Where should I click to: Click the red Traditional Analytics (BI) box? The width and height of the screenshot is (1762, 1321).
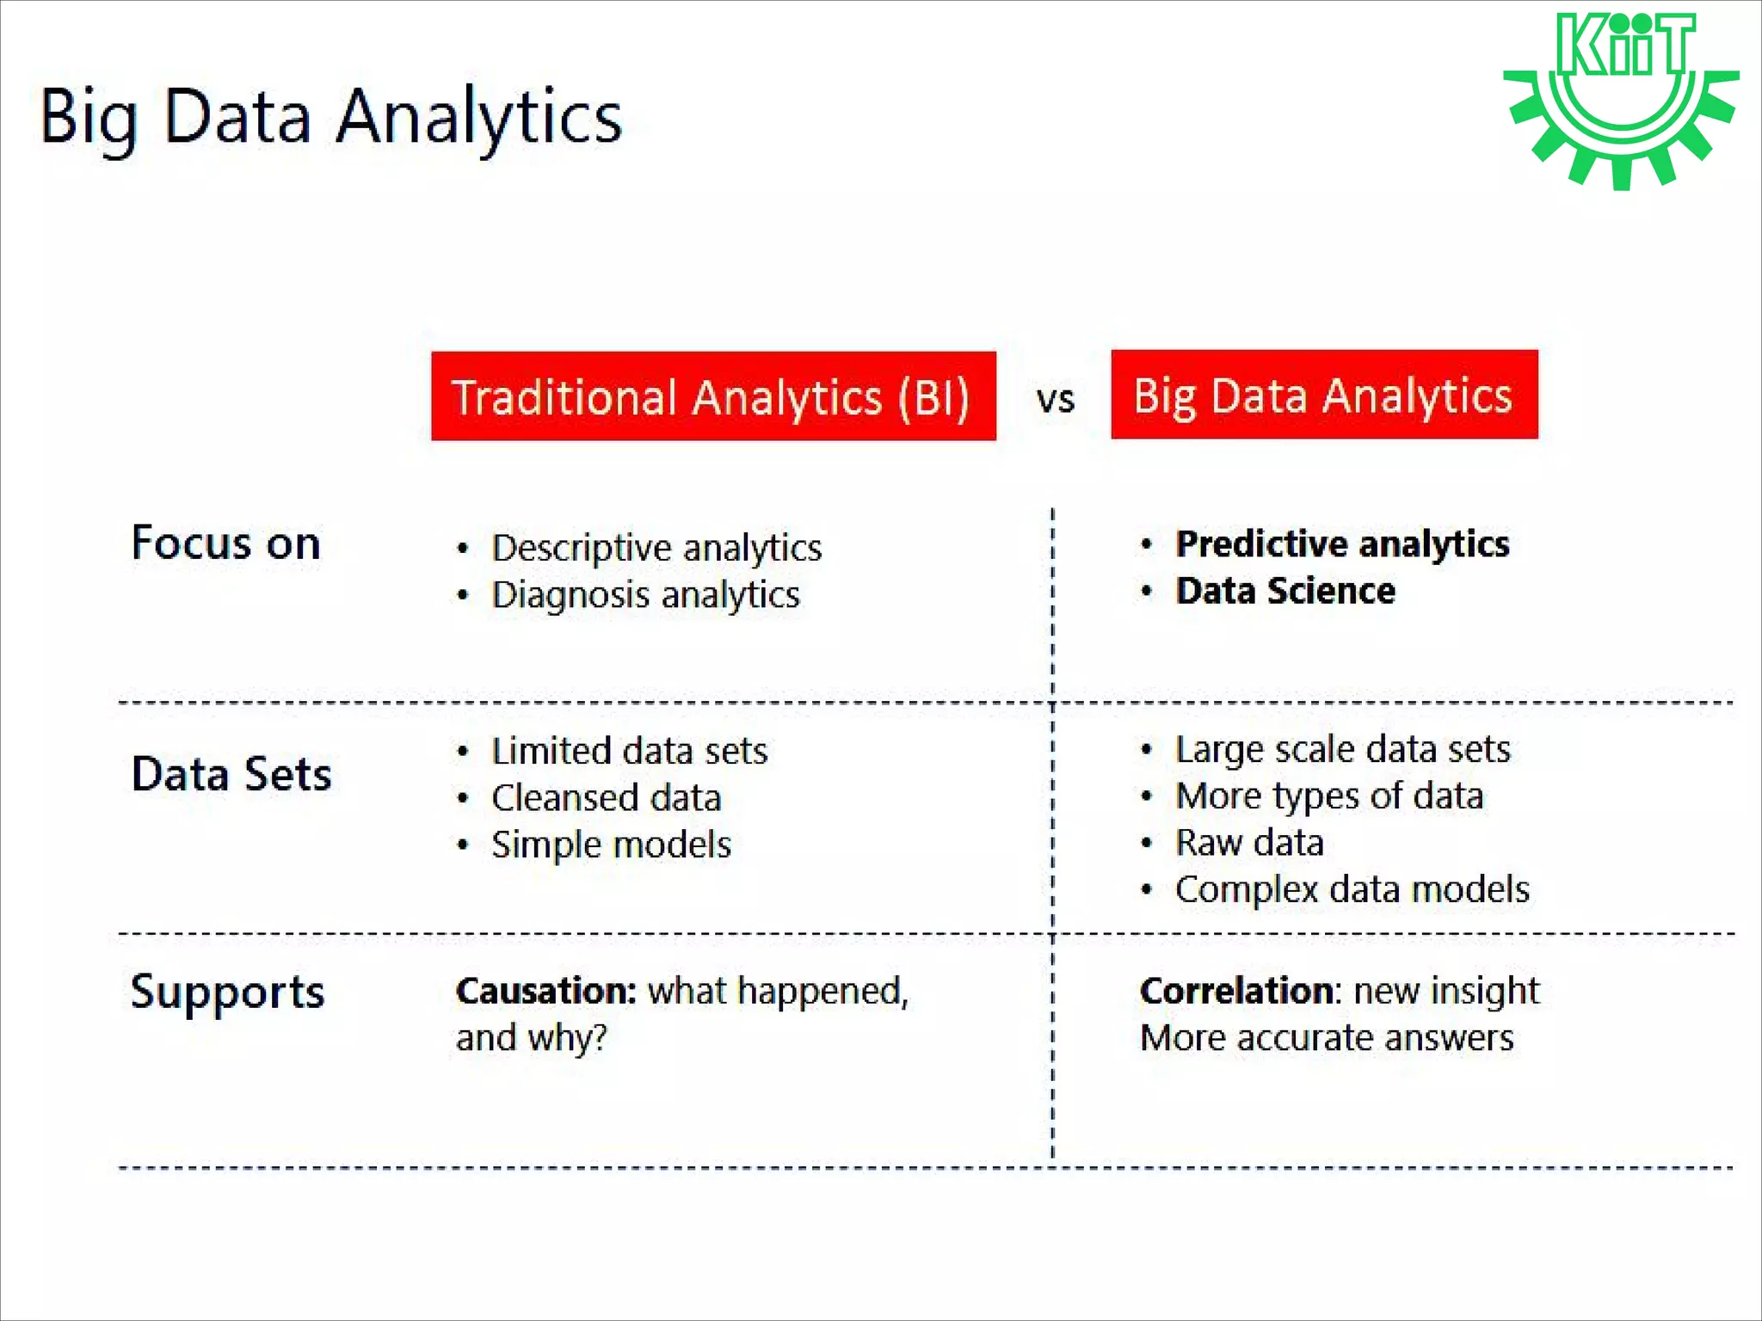[x=713, y=396]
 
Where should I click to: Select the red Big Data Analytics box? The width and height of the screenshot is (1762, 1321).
[x=1323, y=395]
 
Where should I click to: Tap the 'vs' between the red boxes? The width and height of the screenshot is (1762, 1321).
[x=1055, y=400]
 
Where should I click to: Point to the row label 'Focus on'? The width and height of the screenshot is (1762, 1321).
[x=225, y=544]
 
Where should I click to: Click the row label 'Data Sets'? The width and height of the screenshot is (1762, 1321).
[x=231, y=773]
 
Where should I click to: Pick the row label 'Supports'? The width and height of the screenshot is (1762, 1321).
[x=227, y=992]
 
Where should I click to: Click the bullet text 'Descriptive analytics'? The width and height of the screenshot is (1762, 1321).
[x=656, y=548]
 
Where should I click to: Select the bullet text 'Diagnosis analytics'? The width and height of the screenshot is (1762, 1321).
[x=645, y=595]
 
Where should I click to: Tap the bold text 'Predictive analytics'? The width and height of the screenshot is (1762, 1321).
[x=1342, y=544]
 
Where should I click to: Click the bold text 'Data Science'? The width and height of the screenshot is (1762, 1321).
[x=1285, y=591]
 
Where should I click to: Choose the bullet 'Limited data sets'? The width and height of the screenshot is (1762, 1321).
[x=629, y=751]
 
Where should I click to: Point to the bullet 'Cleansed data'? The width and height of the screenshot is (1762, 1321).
[x=606, y=798]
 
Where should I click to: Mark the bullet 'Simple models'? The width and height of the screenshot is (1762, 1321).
[x=611, y=845]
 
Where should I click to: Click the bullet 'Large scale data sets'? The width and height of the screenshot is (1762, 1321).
[x=1342, y=749]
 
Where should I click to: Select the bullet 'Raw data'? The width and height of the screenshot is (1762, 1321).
[x=1249, y=842]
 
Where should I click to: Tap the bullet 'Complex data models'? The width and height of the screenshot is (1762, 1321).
[x=1352, y=889]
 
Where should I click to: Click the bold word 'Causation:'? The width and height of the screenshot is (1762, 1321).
[x=545, y=991]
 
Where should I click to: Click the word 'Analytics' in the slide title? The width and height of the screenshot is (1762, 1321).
[x=478, y=117]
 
